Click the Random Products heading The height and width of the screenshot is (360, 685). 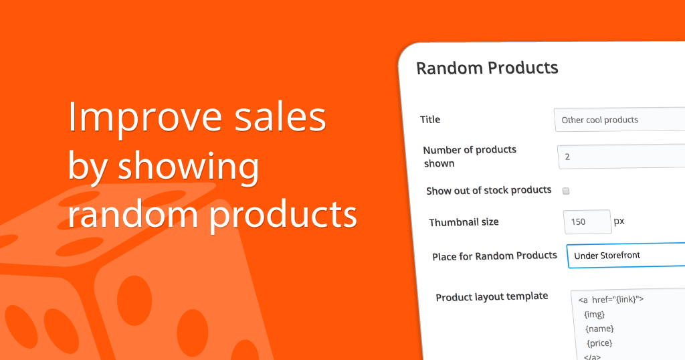[487, 68]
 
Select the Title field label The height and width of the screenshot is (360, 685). [430, 119]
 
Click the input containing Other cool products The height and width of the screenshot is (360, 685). [619, 119]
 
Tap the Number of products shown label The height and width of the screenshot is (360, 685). [470, 157]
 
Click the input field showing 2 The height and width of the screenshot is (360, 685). [621, 157]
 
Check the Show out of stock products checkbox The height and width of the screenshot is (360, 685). [566, 191]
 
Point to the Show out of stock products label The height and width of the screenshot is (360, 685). [489, 191]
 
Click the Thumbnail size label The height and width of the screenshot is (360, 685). [464, 222]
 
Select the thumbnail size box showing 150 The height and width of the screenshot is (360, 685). [587, 221]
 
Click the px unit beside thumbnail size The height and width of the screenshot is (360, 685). [619, 221]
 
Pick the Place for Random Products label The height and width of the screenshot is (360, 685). [494, 256]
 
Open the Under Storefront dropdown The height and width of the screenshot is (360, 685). [626, 256]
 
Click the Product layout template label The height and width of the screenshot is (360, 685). [492, 297]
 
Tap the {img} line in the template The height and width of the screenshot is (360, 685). [595, 314]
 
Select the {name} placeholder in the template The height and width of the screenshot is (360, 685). [600, 329]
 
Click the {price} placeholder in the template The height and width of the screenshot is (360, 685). [599, 343]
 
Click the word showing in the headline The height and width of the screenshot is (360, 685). [189, 167]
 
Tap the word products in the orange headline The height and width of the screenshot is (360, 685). [283, 215]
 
